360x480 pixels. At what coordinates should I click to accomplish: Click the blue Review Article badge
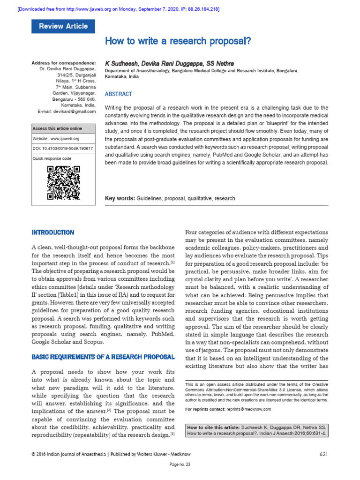(x=63, y=26)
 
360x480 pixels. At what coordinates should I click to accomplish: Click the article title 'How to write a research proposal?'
(x=178, y=41)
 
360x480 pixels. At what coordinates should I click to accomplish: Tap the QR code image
(x=63, y=183)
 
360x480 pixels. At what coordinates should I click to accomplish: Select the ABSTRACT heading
(x=119, y=94)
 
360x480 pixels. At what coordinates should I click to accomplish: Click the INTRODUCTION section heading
(x=52, y=232)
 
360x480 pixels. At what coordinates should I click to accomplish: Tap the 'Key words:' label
(x=120, y=198)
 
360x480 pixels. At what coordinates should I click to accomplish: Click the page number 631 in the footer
(x=323, y=454)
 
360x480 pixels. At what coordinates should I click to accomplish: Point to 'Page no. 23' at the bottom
(x=180, y=465)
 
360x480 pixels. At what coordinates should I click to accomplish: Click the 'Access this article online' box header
(x=57, y=128)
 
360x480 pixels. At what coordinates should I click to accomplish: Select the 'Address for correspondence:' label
(x=63, y=63)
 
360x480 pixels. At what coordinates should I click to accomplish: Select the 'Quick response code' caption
(x=52, y=159)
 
